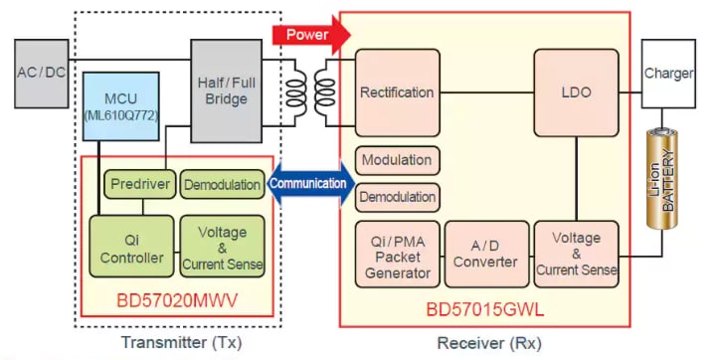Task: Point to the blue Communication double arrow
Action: (311, 183)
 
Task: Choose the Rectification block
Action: (397, 92)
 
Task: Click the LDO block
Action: (578, 92)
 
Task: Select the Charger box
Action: (669, 74)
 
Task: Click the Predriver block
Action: (139, 183)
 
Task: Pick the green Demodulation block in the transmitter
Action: (223, 183)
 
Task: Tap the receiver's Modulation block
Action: (397, 160)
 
